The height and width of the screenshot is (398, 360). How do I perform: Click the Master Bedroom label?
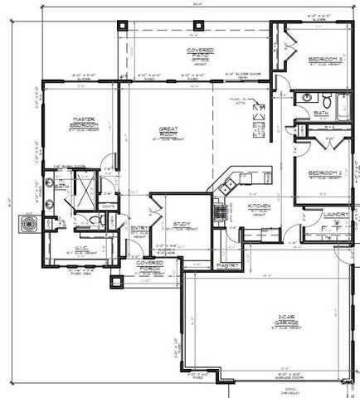[x=82, y=123]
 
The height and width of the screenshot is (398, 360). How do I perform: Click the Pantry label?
[x=227, y=265]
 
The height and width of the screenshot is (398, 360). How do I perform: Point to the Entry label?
[x=139, y=229]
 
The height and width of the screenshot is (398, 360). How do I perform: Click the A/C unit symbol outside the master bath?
[x=27, y=223]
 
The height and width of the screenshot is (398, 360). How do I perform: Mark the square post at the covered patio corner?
[x=124, y=25]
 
